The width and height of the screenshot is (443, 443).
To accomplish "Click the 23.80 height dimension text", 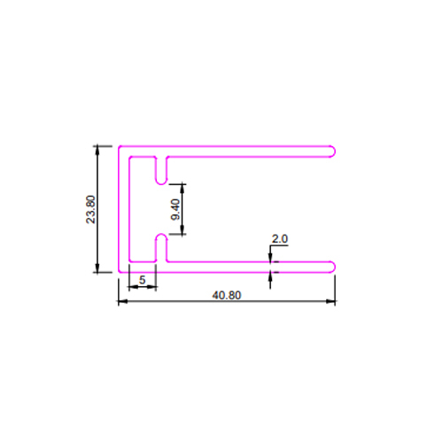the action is coord(90,209).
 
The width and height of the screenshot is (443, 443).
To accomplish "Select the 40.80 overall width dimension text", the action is coord(227,295).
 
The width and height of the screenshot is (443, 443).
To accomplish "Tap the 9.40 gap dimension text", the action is coord(175,209).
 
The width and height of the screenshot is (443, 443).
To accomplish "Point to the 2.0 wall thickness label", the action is coord(280,238).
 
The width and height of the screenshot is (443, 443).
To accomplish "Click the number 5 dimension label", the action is coord(143,280).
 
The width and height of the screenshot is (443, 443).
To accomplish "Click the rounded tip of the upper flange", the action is coord(332,152).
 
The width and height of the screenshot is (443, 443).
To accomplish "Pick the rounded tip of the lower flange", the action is coord(332,267).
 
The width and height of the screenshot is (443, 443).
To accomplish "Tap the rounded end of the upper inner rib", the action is coord(161,181).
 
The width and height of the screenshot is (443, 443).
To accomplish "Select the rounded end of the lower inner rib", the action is coord(161,237).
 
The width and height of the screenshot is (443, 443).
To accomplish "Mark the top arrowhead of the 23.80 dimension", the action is coord(97,150).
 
